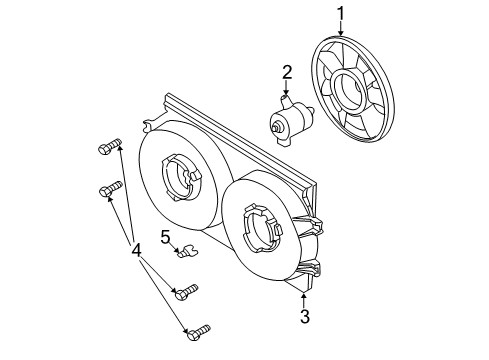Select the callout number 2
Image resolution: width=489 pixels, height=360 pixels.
(x=286, y=71)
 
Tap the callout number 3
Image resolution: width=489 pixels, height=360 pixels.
(x=305, y=318)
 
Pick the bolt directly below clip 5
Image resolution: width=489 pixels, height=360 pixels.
(x=184, y=292)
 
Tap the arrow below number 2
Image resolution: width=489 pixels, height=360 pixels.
(x=286, y=88)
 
